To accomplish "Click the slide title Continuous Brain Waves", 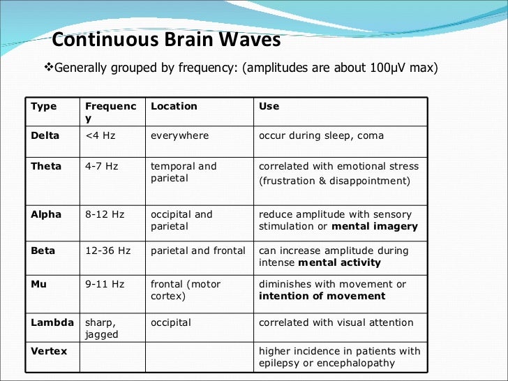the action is tap(166, 39).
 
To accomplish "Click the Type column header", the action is tap(44, 106).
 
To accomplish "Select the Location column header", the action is tap(174, 106).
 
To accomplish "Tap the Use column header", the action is tap(269, 106).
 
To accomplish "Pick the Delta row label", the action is tap(45, 135).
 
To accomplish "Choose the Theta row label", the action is tap(46, 166).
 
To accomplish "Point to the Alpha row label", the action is tap(46, 214).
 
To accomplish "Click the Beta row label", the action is tap(44, 251).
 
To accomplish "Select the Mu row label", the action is tap(39, 284).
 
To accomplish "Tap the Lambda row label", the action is tap(52, 322).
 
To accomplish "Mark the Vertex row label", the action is tap(49, 351).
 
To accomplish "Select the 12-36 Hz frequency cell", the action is tap(107, 251).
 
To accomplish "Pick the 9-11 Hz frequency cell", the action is tap(105, 284).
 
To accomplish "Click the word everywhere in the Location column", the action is tap(179, 135).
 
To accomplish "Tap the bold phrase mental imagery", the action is tap(375, 226).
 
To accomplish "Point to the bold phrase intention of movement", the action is tap(322, 296).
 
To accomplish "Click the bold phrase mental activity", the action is tap(339, 262).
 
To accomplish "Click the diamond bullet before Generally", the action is tap(48, 68).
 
